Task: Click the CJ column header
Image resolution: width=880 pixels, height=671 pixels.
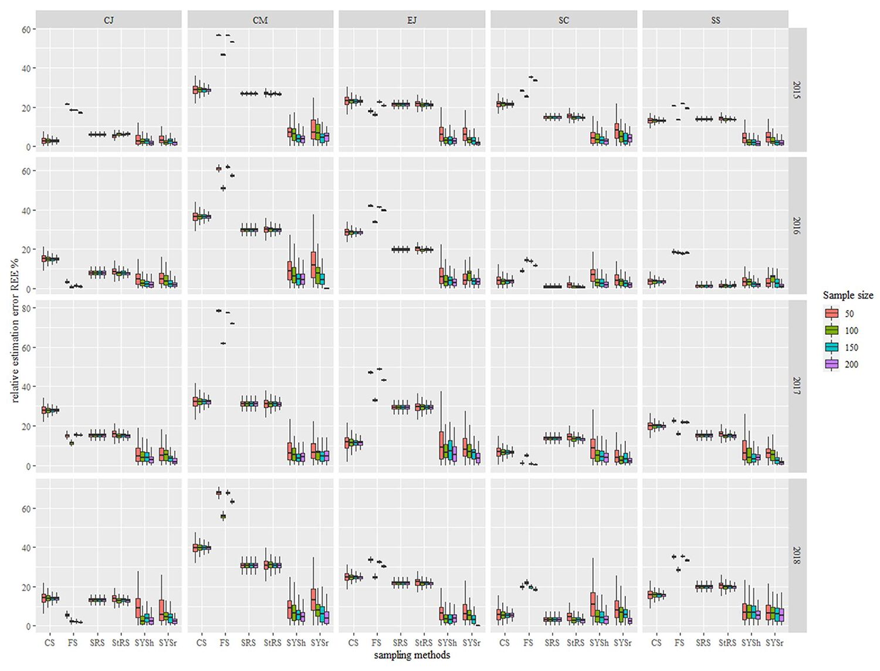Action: click(109, 20)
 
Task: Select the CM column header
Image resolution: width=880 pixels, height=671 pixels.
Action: click(260, 20)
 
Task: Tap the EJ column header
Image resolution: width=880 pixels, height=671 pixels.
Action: click(412, 20)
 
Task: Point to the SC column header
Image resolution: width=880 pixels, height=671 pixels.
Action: click(564, 20)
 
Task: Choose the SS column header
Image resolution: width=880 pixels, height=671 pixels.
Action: click(715, 20)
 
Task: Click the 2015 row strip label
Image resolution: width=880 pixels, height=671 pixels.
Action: click(797, 90)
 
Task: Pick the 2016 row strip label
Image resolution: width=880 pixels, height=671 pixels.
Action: click(797, 225)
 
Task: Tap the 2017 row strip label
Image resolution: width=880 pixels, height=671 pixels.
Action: click(797, 386)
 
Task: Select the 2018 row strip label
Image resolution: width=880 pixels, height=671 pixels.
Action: click(797, 555)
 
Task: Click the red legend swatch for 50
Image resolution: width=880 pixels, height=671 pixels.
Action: click(831, 313)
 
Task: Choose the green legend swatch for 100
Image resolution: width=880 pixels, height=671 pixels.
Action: click(831, 330)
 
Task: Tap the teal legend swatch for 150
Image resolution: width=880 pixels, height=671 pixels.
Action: click(831, 347)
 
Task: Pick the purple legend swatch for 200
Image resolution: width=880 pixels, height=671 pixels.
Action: click(831, 364)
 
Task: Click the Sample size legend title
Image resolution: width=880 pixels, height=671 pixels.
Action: click(848, 295)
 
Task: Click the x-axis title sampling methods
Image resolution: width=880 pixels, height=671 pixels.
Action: click(412, 655)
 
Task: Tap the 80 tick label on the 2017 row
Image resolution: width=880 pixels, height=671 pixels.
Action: click(26, 308)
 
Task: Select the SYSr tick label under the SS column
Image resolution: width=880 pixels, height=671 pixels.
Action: click(774, 643)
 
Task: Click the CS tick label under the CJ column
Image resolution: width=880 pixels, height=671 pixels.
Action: click(50, 643)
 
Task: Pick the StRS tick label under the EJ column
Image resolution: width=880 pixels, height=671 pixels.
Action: click(424, 643)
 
